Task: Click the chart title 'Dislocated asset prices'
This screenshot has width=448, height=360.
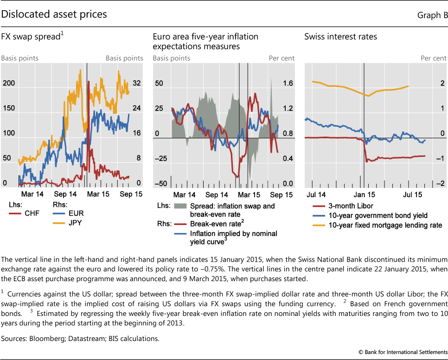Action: [54, 15]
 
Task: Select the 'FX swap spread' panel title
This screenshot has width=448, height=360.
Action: [32, 37]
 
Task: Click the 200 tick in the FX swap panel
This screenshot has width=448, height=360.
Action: [8, 83]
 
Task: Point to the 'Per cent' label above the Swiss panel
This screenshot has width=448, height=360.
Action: [433, 58]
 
